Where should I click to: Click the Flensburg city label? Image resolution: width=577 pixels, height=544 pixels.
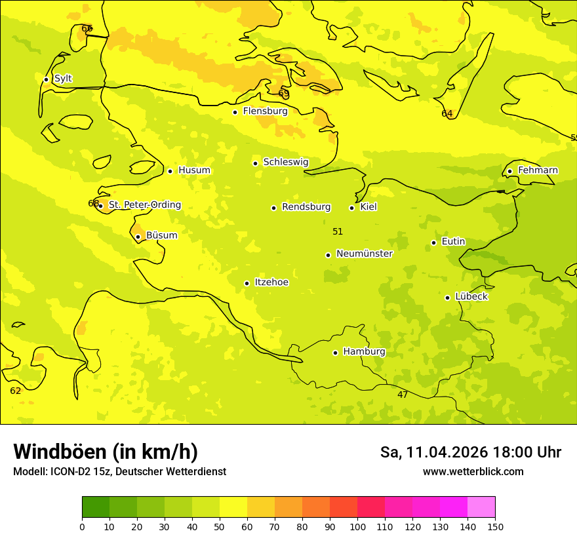265,111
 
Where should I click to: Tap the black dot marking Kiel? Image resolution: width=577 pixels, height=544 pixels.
352,208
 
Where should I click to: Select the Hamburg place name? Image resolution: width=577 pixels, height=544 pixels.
364,352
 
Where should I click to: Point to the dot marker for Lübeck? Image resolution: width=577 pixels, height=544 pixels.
448,298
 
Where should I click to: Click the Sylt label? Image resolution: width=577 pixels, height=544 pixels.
63,79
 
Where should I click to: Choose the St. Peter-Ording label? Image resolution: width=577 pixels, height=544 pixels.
144,205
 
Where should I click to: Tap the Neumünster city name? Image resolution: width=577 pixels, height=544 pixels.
364,254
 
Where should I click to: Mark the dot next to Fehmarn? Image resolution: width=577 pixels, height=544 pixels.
510,172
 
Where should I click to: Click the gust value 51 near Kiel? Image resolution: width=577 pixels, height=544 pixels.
338,231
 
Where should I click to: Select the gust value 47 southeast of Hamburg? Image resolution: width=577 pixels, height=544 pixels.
403,395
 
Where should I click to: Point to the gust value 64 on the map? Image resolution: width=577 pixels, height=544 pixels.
447,113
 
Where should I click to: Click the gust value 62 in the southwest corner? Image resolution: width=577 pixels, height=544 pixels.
16,391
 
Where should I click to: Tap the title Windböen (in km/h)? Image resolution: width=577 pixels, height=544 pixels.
106,452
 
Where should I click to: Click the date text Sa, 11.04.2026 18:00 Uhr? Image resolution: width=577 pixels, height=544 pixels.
470,452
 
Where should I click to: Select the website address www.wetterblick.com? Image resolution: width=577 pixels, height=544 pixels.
473,472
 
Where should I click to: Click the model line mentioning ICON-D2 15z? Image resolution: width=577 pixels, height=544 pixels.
119,472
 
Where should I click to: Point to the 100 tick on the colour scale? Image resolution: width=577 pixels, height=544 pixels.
357,526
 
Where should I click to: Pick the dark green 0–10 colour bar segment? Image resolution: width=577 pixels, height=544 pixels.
96,507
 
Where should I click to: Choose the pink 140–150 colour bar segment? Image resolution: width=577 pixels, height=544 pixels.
481,507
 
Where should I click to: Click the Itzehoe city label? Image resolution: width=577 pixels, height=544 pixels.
271,282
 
